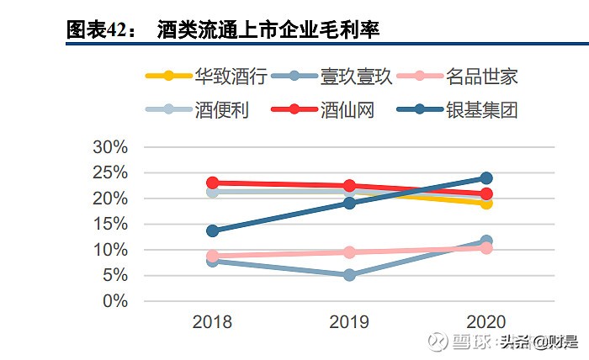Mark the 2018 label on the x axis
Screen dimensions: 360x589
click(212, 322)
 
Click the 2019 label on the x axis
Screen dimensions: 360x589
click(349, 322)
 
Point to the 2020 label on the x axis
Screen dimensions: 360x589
click(486, 322)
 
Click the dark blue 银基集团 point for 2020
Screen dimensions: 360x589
click(486, 177)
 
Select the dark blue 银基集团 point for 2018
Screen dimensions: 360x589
click(213, 230)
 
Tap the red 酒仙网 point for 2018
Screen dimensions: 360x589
click(213, 183)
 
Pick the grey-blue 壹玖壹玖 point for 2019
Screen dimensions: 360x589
click(349, 275)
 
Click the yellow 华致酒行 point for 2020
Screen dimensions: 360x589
click(486, 203)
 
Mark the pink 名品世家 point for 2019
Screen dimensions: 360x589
click(349, 252)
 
